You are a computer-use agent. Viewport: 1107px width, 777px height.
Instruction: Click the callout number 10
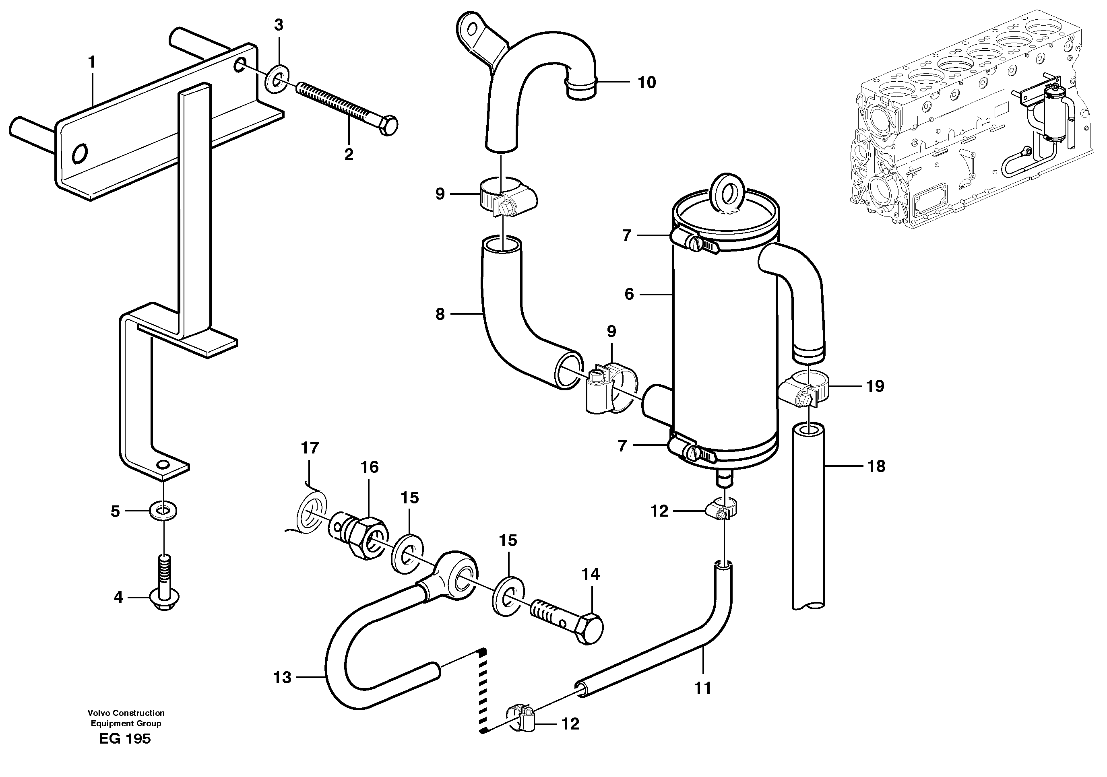tap(646, 82)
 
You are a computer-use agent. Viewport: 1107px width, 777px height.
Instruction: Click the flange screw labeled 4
tap(164, 599)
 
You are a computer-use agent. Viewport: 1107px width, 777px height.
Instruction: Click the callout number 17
tap(310, 448)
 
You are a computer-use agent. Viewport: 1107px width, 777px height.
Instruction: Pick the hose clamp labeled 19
tap(805, 390)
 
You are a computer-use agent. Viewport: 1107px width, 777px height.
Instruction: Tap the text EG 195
tap(125, 738)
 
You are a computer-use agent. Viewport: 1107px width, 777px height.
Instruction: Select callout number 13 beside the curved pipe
tap(282, 678)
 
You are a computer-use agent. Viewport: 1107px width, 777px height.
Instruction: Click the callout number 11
tap(703, 688)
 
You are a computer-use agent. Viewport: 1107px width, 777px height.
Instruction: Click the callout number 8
tap(440, 314)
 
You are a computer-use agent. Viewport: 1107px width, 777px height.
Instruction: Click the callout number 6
tap(629, 294)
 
